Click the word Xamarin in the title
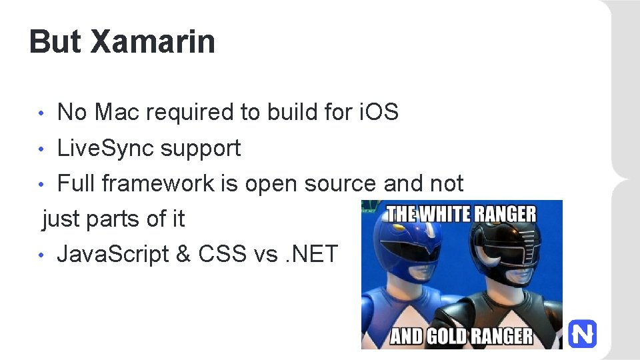[x=153, y=41]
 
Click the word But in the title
[x=56, y=41]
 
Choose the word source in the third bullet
[x=339, y=183]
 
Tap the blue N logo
[x=582, y=333]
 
